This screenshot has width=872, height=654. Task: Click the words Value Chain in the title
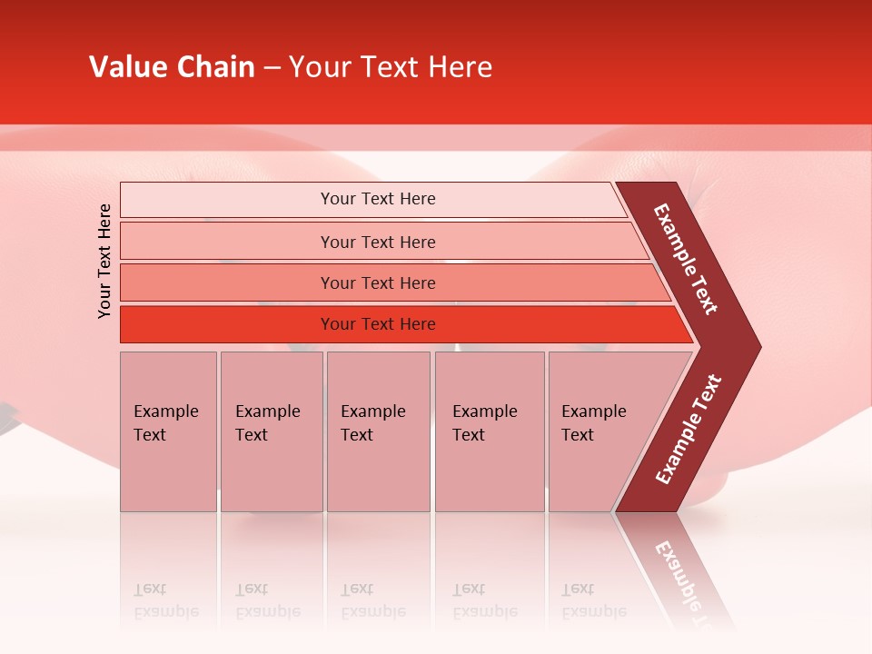pyautogui.click(x=172, y=67)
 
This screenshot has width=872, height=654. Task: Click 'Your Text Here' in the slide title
pyautogui.click(x=391, y=67)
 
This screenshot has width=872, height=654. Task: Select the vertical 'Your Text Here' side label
pyautogui.click(x=104, y=261)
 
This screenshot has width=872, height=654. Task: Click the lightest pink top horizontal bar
pyautogui.click(x=227, y=200)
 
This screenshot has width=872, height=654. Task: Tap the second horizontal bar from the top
pyautogui.click(x=227, y=242)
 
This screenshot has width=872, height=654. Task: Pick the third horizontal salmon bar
pyautogui.click(x=227, y=282)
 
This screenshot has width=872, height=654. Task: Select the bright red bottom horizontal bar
pyautogui.click(x=227, y=324)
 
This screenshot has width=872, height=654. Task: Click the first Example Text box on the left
pyautogui.click(x=168, y=431)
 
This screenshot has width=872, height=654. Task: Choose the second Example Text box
pyautogui.click(x=271, y=431)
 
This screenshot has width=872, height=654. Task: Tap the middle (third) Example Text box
pyautogui.click(x=378, y=431)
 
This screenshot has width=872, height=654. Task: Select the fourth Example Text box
pyautogui.click(x=490, y=431)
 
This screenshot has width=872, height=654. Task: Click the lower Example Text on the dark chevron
pyautogui.click(x=689, y=430)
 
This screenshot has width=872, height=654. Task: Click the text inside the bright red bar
pyautogui.click(x=378, y=324)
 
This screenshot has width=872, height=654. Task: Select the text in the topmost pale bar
pyautogui.click(x=378, y=199)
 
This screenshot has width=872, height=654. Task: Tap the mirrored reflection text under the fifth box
pyautogui.click(x=592, y=601)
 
